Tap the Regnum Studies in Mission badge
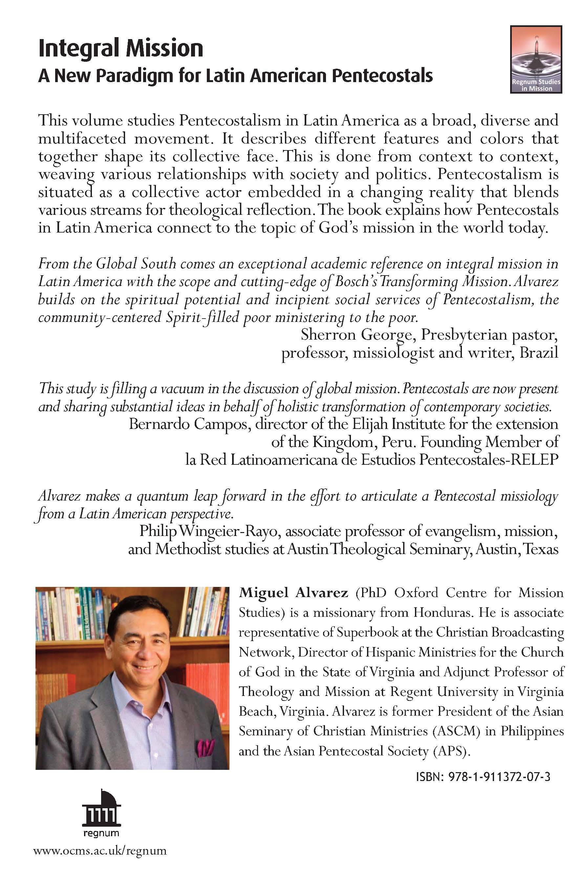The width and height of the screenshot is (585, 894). (536, 59)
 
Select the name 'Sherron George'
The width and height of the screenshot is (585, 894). (357, 335)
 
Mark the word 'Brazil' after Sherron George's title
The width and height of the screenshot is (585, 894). (539, 353)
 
